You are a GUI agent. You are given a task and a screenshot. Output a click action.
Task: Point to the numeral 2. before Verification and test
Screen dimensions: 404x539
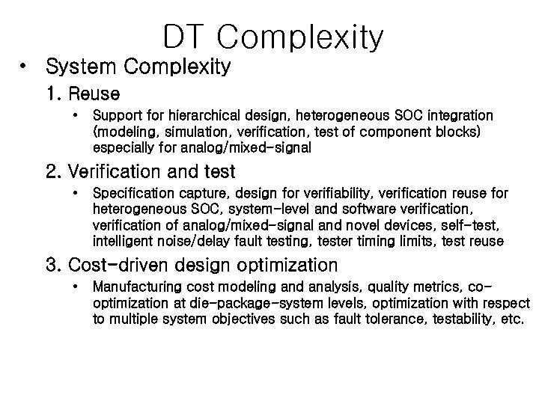(x=53, y=172)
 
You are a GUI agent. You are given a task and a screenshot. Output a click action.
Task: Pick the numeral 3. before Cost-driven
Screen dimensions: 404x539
(x=53, y=265)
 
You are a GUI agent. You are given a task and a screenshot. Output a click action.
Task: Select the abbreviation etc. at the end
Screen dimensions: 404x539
(x=513, y=319)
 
